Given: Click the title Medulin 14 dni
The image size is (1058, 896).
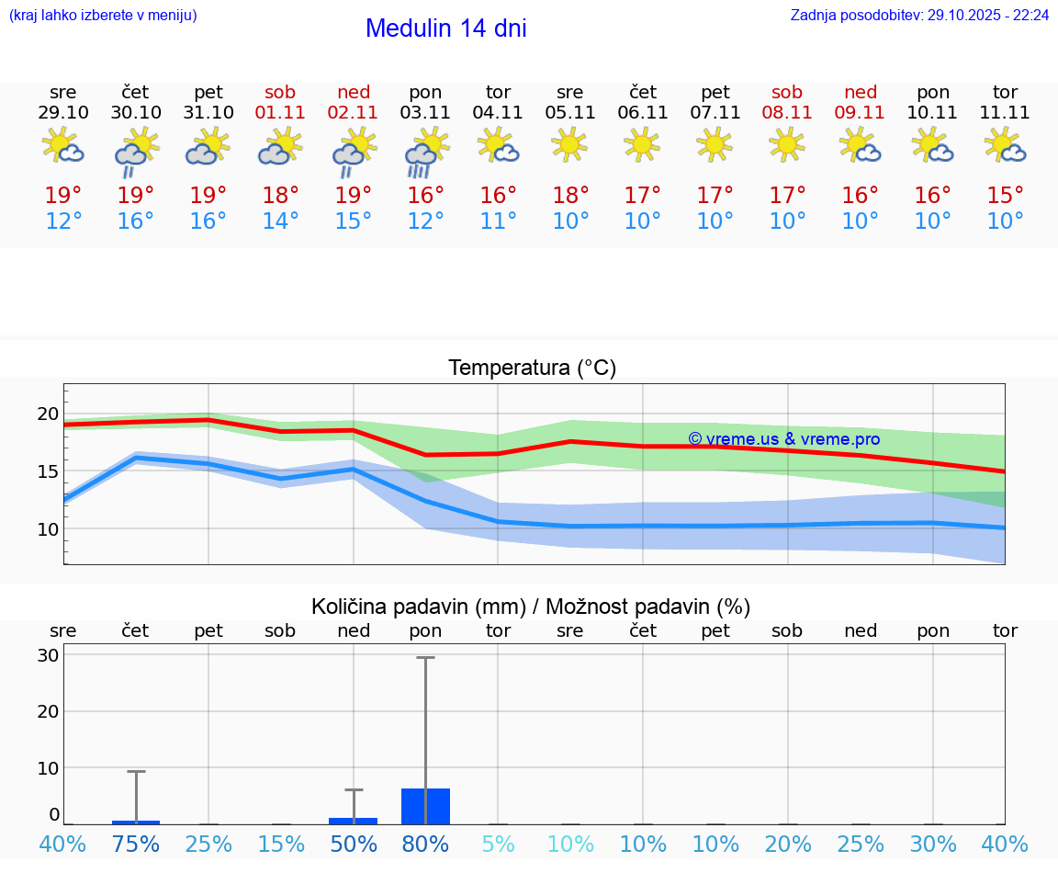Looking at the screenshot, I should click(445, 28).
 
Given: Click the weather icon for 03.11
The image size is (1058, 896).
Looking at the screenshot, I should click(426, 151).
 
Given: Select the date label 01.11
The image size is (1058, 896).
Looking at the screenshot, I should click(281, 113).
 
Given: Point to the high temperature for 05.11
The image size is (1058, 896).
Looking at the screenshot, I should click(570, 195).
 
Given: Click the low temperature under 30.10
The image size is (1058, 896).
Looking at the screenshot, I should click(136, 221).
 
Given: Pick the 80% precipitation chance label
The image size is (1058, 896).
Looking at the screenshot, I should click(426, 844).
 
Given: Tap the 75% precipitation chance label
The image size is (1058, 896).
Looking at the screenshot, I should click(136, 844).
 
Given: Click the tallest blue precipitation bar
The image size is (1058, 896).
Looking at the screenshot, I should click(426, 806).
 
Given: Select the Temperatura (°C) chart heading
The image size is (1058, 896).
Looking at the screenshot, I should click(532, 369).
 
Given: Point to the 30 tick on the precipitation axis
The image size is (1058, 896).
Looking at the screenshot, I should click(48, 655).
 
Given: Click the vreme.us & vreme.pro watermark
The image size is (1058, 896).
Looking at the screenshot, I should click(783, 439).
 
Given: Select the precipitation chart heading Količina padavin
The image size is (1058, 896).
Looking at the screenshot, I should click(531, 607).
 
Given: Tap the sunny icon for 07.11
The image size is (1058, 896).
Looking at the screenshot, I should click(715, 144).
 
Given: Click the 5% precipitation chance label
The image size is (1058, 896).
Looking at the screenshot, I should click(499, 844).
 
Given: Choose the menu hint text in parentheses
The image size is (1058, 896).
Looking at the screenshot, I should click(103, 16).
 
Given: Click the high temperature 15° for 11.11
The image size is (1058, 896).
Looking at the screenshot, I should click(1006, 195).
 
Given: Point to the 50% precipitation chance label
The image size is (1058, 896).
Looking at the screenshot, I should click(354, 844).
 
